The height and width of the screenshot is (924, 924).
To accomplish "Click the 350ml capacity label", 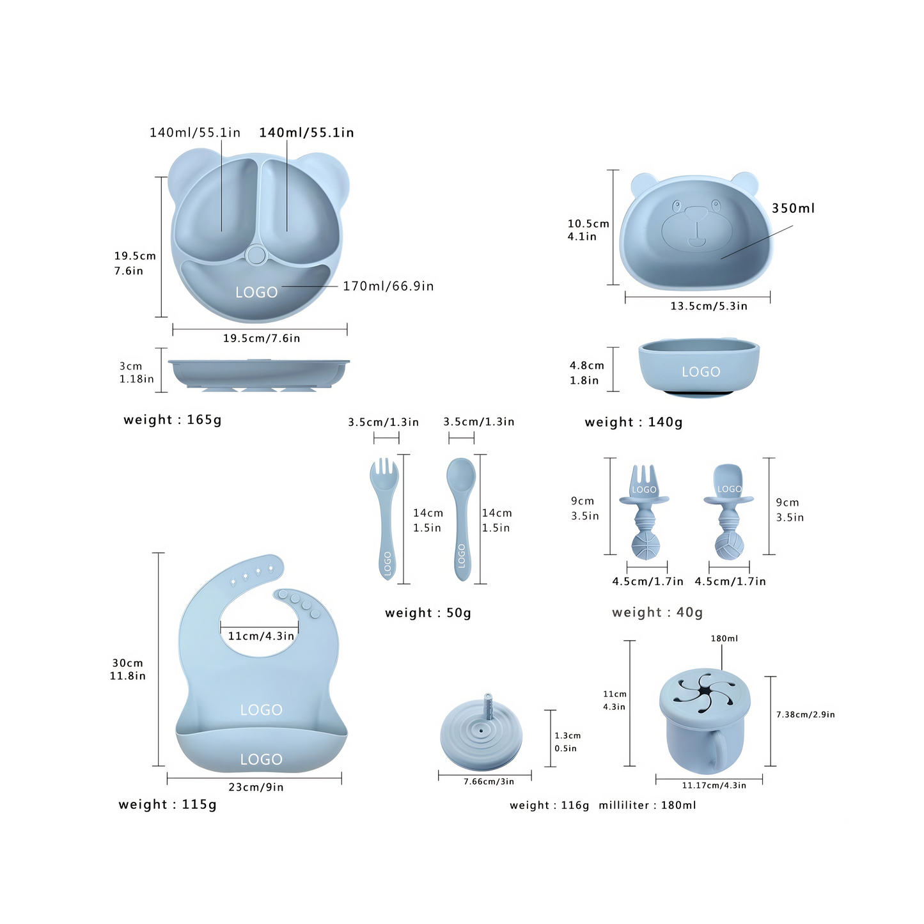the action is pos(793,208).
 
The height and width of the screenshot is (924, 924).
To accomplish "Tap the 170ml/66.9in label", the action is pos(388,286).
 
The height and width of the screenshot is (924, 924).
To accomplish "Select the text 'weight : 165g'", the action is pos(173,419).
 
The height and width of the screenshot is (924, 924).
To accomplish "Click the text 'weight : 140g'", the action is pos(634,422).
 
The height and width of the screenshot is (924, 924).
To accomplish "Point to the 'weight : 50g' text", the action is pos(428,613).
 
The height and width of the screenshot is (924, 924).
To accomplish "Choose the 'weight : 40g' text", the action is pos(657,612).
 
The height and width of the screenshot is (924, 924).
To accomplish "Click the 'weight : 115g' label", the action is pos(168,804).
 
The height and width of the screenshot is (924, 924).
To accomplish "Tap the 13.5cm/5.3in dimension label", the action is pos(709,306).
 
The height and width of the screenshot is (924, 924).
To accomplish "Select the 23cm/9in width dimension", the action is pos(256,787).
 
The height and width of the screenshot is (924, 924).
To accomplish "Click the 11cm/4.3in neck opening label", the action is pos(260,636).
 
